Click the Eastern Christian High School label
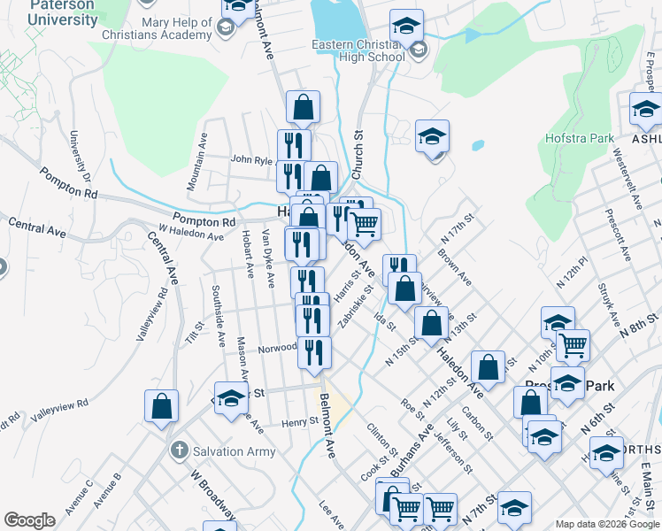pos(358,50)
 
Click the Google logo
pos(29,520)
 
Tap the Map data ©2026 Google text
pos(607,524)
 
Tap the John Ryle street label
pos(251,160)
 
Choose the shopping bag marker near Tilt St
pos(162,408)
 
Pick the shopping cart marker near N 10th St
pos(573,346)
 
